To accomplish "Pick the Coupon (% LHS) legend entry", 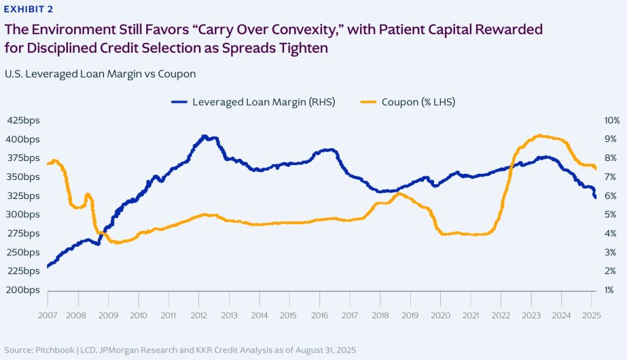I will [418, 102].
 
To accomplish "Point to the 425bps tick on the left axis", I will [23, 120].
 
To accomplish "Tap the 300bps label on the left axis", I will [23, 214].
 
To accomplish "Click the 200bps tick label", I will [23, 290].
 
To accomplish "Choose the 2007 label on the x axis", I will [48, 315].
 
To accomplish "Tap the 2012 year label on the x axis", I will [199, 315].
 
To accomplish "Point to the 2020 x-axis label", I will [440, 315].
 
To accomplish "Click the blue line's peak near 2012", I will [205, 137].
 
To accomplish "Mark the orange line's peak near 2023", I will [539, 135].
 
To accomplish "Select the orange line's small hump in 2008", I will [88, 195].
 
